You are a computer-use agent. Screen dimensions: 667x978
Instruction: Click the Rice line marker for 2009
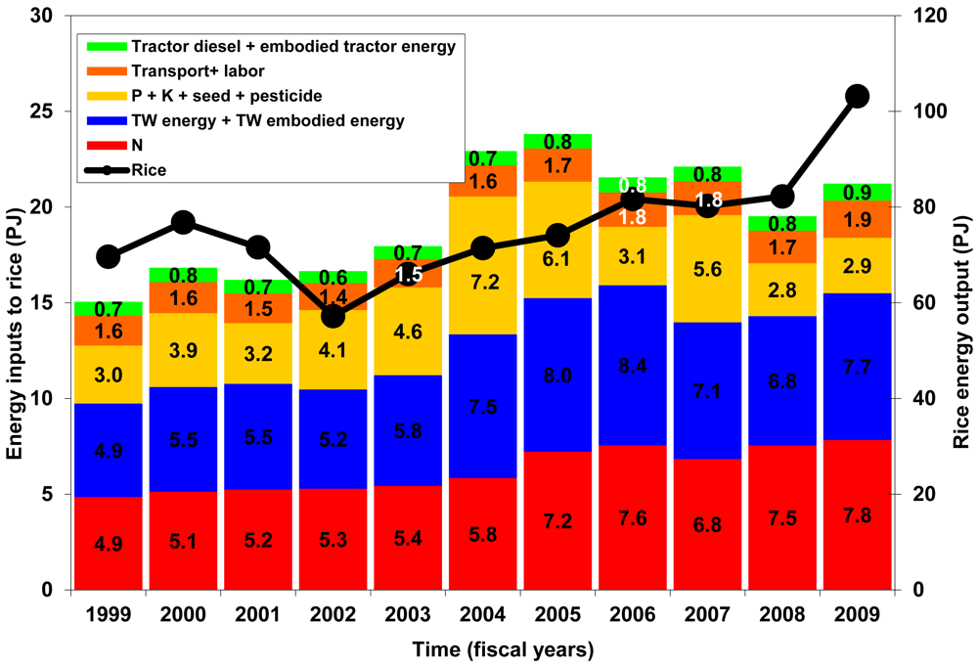[858, 96]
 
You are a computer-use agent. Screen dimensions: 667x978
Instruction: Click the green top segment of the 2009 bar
[858, 193]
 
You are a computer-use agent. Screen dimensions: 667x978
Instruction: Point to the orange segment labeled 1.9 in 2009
[858, 219]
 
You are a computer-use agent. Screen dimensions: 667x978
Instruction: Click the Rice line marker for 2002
[333, 317]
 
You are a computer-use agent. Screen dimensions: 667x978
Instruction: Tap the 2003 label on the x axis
[408, 616]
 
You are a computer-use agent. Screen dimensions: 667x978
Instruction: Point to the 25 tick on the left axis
[48, 111]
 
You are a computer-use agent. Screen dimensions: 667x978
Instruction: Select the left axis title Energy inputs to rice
[17, 303]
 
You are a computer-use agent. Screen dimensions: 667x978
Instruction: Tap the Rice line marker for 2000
[184, 223]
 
